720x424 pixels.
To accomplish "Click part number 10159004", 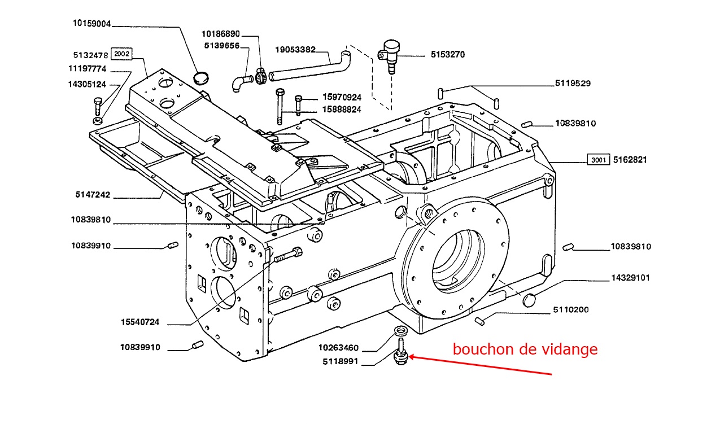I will click(92, 24).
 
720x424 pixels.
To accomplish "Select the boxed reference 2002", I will click(121, 54).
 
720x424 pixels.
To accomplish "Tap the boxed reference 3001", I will click(598, 160).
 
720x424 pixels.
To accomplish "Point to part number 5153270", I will click(448, 55).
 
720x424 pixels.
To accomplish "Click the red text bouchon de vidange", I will click(525, 349).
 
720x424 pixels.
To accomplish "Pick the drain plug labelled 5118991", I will click(400, 356).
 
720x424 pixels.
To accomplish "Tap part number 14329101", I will click(631, 278).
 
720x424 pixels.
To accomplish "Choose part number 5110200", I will click(570, 309).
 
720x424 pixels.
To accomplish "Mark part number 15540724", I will click(139, 322).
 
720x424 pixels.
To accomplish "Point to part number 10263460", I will click(338, 347).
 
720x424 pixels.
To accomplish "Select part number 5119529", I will click(573, 84).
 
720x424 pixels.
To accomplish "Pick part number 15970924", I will click(342, 97).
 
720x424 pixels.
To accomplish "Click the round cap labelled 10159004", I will click(200, 77).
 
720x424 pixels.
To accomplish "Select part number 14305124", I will click(86, 84).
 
